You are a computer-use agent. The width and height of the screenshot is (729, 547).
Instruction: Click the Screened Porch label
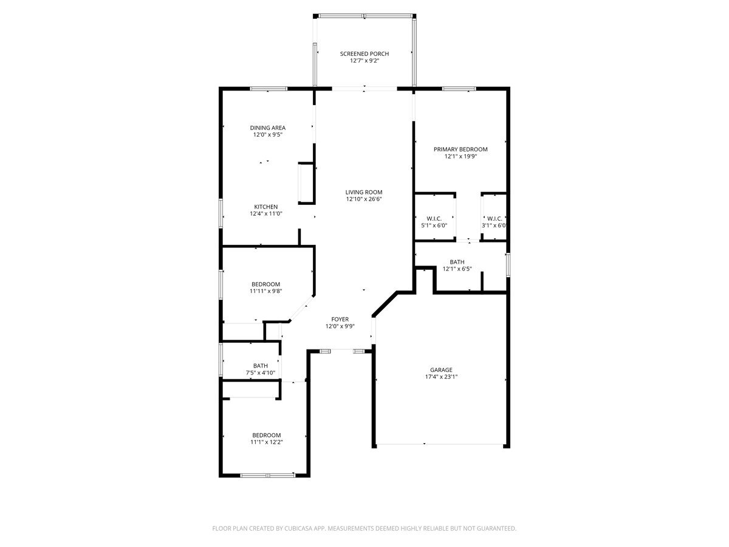pyautogui.click(x=364, y=53)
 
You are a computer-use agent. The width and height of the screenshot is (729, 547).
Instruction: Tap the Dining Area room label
pyautogui.click(x=267, y=128)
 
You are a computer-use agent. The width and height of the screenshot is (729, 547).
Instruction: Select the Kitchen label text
pyautogui.click(x=266, y=207)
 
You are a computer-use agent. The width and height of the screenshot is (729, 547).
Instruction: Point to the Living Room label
pyautogui.click(x=364, y=192)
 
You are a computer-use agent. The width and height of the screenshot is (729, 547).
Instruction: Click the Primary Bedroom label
pyautogui.click(x=460, y=149)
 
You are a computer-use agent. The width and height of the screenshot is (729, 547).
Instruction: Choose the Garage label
pyautogui.click(x=441, y=370)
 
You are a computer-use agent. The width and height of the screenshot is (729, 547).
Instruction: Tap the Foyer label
pyautogui.click(x=340, y=319)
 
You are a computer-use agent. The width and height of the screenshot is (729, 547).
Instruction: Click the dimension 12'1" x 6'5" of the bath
pyautogui.click(x=457, y=269)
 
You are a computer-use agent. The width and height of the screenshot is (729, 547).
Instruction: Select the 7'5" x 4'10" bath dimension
pyautogui.click(x=261, y=373)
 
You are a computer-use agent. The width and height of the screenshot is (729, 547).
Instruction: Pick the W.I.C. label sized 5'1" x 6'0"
pyautogui.click(x=434, y=218)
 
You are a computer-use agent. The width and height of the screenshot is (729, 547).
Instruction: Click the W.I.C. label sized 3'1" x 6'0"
pyautogui.click(x=494, y=218)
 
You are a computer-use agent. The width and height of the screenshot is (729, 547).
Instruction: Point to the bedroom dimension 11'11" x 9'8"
pyautogui.click(x=265, y=291)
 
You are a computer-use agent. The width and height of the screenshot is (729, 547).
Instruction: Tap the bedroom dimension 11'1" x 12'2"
pyautogui.click(x=267, y=442)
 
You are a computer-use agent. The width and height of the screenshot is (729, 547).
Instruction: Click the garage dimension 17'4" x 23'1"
pyautogui.click(x=441, y=376)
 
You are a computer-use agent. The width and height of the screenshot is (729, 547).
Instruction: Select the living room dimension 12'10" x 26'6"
pyautogui.click(x=364, y=199)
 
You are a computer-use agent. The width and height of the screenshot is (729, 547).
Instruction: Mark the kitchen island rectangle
pyautogui.click(x=306, y=183)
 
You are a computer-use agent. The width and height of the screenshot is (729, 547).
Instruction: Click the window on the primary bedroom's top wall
pyautogui.click(x=458, y=89)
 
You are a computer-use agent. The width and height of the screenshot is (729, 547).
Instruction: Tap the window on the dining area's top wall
pyautogui.click(x=268, y=89)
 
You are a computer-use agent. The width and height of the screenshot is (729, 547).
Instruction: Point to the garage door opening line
pyautogui.click(x=441, y=445)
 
